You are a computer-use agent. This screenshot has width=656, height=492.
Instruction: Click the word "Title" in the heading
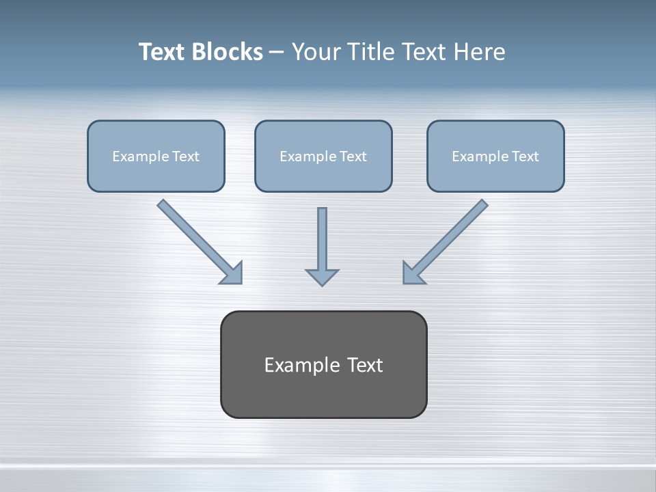[373, 52]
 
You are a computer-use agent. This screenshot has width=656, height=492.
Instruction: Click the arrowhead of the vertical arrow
[322, 277]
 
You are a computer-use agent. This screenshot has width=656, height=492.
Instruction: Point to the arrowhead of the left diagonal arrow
[232, 273]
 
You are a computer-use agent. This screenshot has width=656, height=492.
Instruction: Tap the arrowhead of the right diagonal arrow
[413, 273]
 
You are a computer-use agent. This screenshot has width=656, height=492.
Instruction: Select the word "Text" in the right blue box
[525, 156]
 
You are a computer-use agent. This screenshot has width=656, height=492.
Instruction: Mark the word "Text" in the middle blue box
[353, 156]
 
